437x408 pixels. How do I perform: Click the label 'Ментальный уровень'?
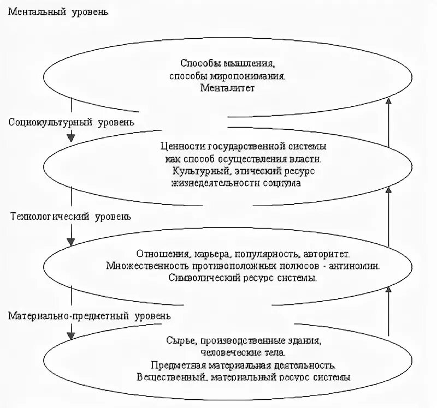[57, 11]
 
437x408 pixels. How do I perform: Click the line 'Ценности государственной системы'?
[244, 147]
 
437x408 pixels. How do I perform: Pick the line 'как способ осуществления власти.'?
[244, 159]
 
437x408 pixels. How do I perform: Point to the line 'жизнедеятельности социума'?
[235, 183]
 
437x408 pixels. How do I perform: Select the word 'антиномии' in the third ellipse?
[356, 266]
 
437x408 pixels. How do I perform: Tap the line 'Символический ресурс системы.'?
[243, 278]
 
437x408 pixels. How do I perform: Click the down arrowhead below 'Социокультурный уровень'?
[70, 137]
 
